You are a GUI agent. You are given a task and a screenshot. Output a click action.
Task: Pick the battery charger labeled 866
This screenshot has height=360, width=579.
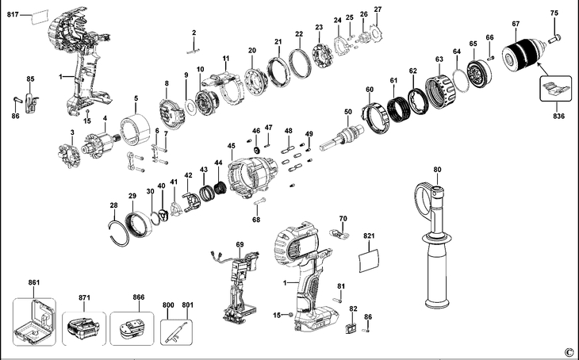coord(131,327)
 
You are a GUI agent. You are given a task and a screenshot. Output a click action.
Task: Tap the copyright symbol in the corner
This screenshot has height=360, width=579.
coord(568,351)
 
